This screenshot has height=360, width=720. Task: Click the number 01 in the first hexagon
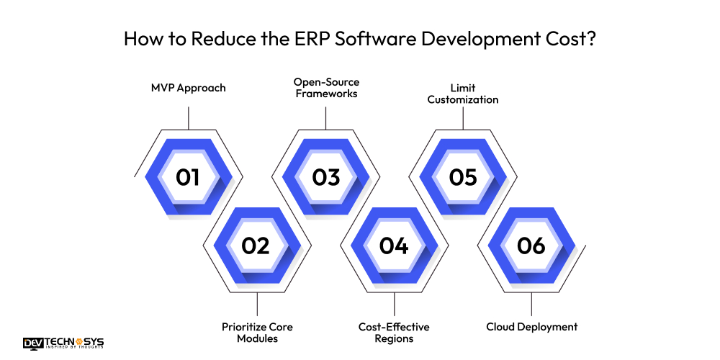coord(188,176)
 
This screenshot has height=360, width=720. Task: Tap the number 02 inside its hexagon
coord(256,246)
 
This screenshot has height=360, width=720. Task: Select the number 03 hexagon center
coord(325,176)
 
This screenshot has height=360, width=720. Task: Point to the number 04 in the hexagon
coord(394,246)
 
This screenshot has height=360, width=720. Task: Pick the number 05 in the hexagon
coord(463,176)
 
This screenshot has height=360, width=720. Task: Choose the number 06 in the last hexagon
coord(531,246)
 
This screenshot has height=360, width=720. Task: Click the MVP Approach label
coord(188,88)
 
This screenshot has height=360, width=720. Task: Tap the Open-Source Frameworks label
coord(325,88)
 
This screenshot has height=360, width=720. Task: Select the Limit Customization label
coord(463,94)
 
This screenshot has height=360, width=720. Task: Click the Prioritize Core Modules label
coord(257,333)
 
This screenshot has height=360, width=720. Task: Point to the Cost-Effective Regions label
coord(395,333)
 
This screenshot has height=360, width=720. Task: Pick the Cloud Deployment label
coord(531,327)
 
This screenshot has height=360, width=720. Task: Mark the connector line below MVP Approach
coord(188,118)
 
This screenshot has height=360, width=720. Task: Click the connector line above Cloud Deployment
coord(531,305)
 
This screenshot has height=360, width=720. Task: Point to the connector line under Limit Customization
coord(463,118)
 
